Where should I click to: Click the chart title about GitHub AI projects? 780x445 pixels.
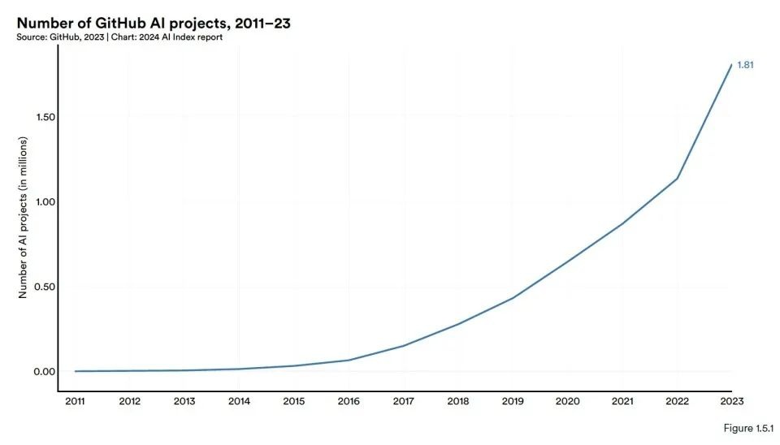[x=154, y=24]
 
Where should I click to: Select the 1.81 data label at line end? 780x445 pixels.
[x=745, y=65]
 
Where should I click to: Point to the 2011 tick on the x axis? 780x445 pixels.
[x=75, y=400]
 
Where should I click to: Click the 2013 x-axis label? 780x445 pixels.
[x=184, y=400]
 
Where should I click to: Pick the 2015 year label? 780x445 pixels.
[x=294, y=400]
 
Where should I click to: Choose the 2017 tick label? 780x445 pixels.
[x=404, y=400]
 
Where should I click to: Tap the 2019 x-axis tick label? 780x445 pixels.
[x=513, y=400]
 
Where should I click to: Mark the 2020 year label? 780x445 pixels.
[x=568, y=400]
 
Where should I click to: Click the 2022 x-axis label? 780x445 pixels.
[x=678, y=400]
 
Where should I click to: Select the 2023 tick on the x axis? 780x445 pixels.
[x=732, y=400]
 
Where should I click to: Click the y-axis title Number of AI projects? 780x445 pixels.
[x=24, y=217]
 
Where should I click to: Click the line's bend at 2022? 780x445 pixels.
[x=678, y=178]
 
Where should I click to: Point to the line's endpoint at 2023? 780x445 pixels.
[x=732, y=65]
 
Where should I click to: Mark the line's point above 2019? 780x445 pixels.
[x=513, y=297]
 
